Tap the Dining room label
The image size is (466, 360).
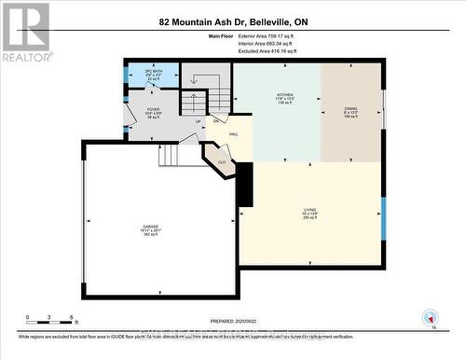pyautogui.click(x=351, y=98)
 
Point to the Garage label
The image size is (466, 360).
pyautogui.click(x=151, y=230)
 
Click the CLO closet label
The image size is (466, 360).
pyautogui.click(x=222, y=160)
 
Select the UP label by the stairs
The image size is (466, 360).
pyautogui.click(x=198, y=121)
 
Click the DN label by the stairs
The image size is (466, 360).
pyautogui.click(x=215, y=122)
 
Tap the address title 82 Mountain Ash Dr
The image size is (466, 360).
pyautogui.click(x=232, y=19)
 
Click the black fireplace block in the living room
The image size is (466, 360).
pyautogui.click(x=245, y=183)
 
